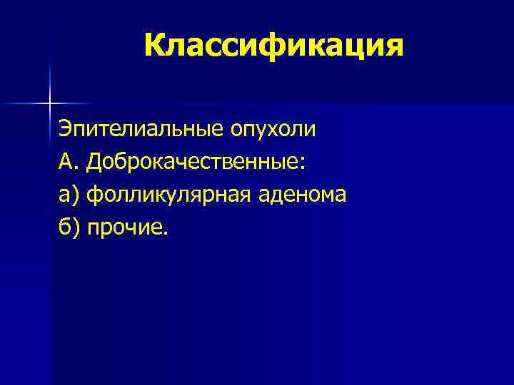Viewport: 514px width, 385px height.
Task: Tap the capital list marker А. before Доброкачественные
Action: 69,163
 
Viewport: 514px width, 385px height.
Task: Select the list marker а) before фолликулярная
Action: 69,195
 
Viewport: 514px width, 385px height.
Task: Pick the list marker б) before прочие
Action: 69,227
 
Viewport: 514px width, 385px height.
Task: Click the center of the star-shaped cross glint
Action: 50,103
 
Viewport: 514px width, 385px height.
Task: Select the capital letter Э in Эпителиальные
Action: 65,131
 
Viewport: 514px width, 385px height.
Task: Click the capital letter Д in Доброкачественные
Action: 94,163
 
